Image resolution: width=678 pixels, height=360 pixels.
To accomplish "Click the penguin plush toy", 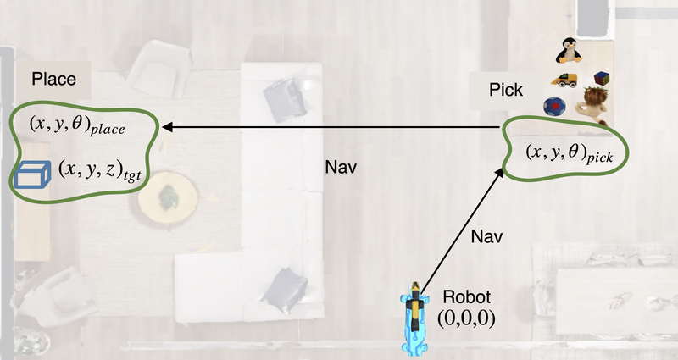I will click(x=568, y=50).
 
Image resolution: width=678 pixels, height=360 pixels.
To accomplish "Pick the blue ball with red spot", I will click(x=554, y=108).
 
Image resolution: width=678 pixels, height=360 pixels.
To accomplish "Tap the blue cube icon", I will click(x=33, y=174).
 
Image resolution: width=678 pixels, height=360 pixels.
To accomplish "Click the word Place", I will click(x=54, y=80).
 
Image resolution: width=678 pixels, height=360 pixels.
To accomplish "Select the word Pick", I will click(x=507, y=90).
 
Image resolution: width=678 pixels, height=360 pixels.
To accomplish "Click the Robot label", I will click(x=466, y=299).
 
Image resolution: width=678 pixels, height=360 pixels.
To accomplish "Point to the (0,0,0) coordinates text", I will click(x=466, y=318).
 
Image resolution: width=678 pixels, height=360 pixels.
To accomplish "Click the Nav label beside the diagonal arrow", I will click(x=486, y=235).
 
